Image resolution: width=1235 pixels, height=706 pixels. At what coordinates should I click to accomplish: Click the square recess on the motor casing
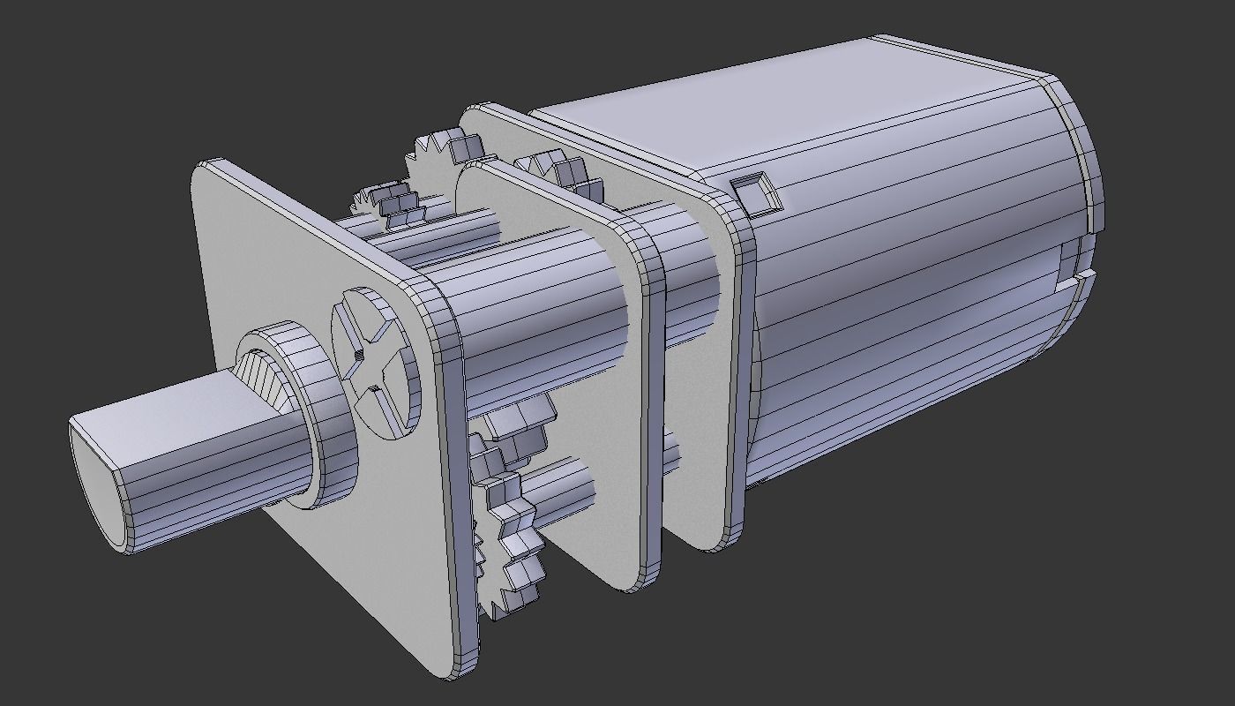[758, 194]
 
